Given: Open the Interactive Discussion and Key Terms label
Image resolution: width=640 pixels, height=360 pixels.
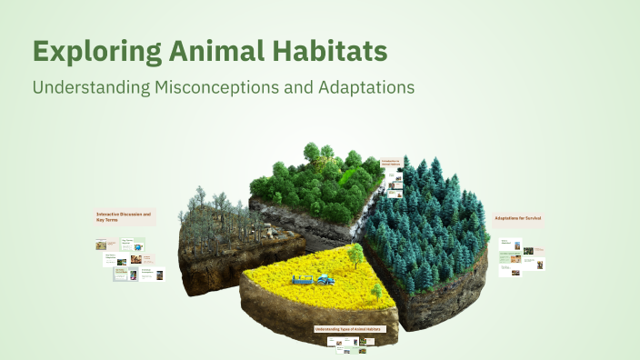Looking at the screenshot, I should click(x=124, y=217).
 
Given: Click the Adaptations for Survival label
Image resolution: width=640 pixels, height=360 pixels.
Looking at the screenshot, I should click(x=518, y=219).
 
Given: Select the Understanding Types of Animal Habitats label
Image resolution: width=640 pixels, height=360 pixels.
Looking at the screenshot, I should click(x=349, y=328).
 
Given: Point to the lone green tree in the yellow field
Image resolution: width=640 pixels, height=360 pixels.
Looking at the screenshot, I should click(x=375, y=291).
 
